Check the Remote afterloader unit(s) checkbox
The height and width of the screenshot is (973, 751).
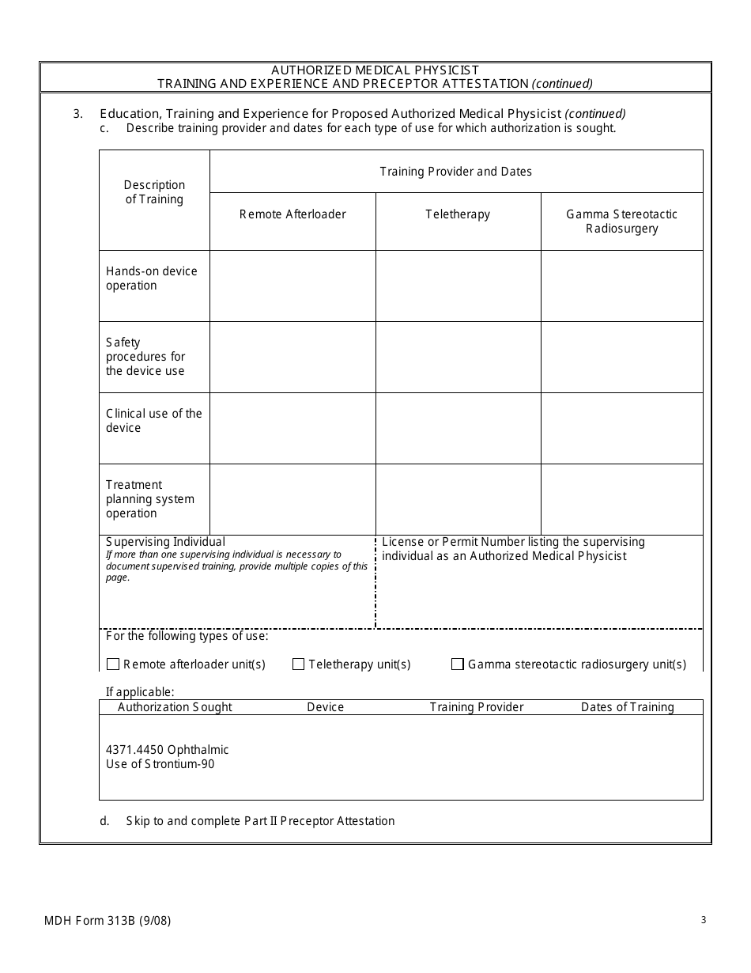click(113, 664)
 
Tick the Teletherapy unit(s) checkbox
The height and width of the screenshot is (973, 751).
click(298, 664)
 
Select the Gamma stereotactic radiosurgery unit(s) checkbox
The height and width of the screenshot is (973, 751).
click(458, 664)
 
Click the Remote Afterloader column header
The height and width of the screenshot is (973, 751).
click(292, 214)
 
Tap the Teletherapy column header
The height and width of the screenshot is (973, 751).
click(458, 214)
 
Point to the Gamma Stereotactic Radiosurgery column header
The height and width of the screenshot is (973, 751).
click(621, 221)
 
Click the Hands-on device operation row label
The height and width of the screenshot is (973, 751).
click(151, 278)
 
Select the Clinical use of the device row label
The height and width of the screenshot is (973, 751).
click(153, 421)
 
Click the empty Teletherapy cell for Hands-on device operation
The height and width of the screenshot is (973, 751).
click(458, 286)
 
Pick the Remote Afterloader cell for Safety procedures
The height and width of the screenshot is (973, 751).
click(292, 357)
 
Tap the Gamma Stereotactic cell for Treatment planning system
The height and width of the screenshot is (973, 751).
click(621, 499)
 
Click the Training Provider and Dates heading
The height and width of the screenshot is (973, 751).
click(455, 172)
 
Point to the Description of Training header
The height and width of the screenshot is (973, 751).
click(154, 192)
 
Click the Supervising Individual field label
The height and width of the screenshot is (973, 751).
click(165, 542)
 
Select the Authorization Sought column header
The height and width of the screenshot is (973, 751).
click(175, 707)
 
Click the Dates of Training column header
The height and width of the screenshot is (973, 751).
click(627, 707)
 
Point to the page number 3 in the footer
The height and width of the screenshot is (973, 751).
click(703, 919)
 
